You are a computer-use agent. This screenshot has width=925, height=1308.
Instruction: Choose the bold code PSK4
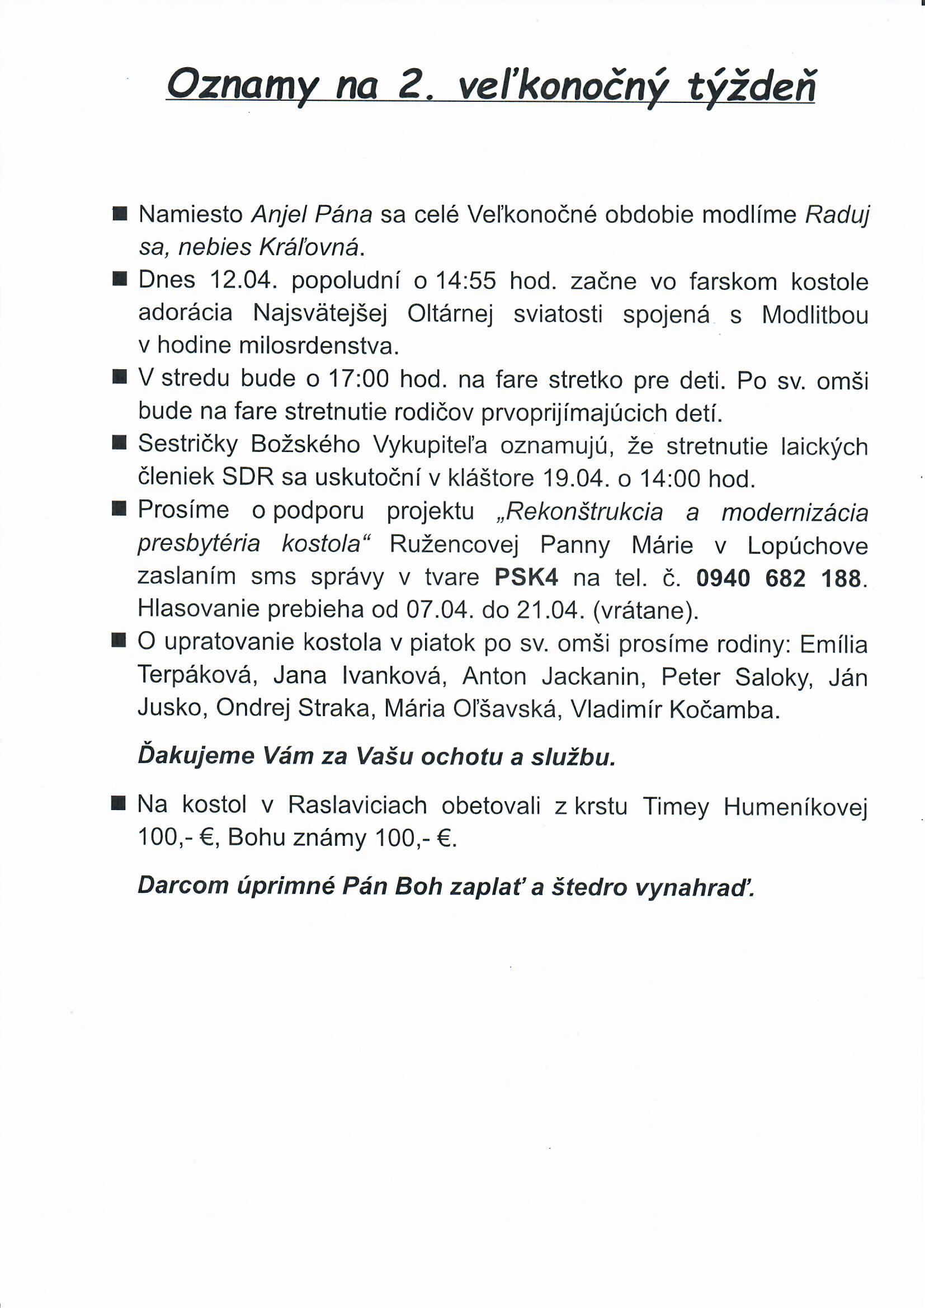(x=526, y=578)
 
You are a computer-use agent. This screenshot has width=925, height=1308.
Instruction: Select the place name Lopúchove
(x=807, y=546)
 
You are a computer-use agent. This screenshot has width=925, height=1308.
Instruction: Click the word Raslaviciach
(x=357, y=806)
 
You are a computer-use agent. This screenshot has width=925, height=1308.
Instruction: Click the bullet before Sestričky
(x=119, y=444)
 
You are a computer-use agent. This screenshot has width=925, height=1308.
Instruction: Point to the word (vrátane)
(x=645, y=610)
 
